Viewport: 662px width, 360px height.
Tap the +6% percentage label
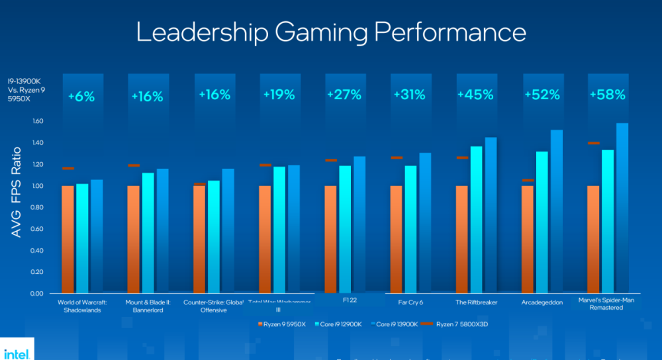81,97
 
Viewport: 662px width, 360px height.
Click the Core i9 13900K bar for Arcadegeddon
557,212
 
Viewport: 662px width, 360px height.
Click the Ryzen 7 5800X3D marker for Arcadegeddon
528,180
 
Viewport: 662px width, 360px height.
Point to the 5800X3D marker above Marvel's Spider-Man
593,143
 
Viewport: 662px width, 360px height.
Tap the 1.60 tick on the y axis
36,122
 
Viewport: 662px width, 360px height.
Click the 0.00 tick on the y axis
36,294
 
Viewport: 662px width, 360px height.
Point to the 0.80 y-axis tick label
36,208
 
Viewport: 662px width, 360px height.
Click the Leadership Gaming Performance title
331,32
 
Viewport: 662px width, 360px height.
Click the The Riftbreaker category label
477,302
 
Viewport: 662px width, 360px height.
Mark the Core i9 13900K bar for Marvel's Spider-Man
622,208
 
